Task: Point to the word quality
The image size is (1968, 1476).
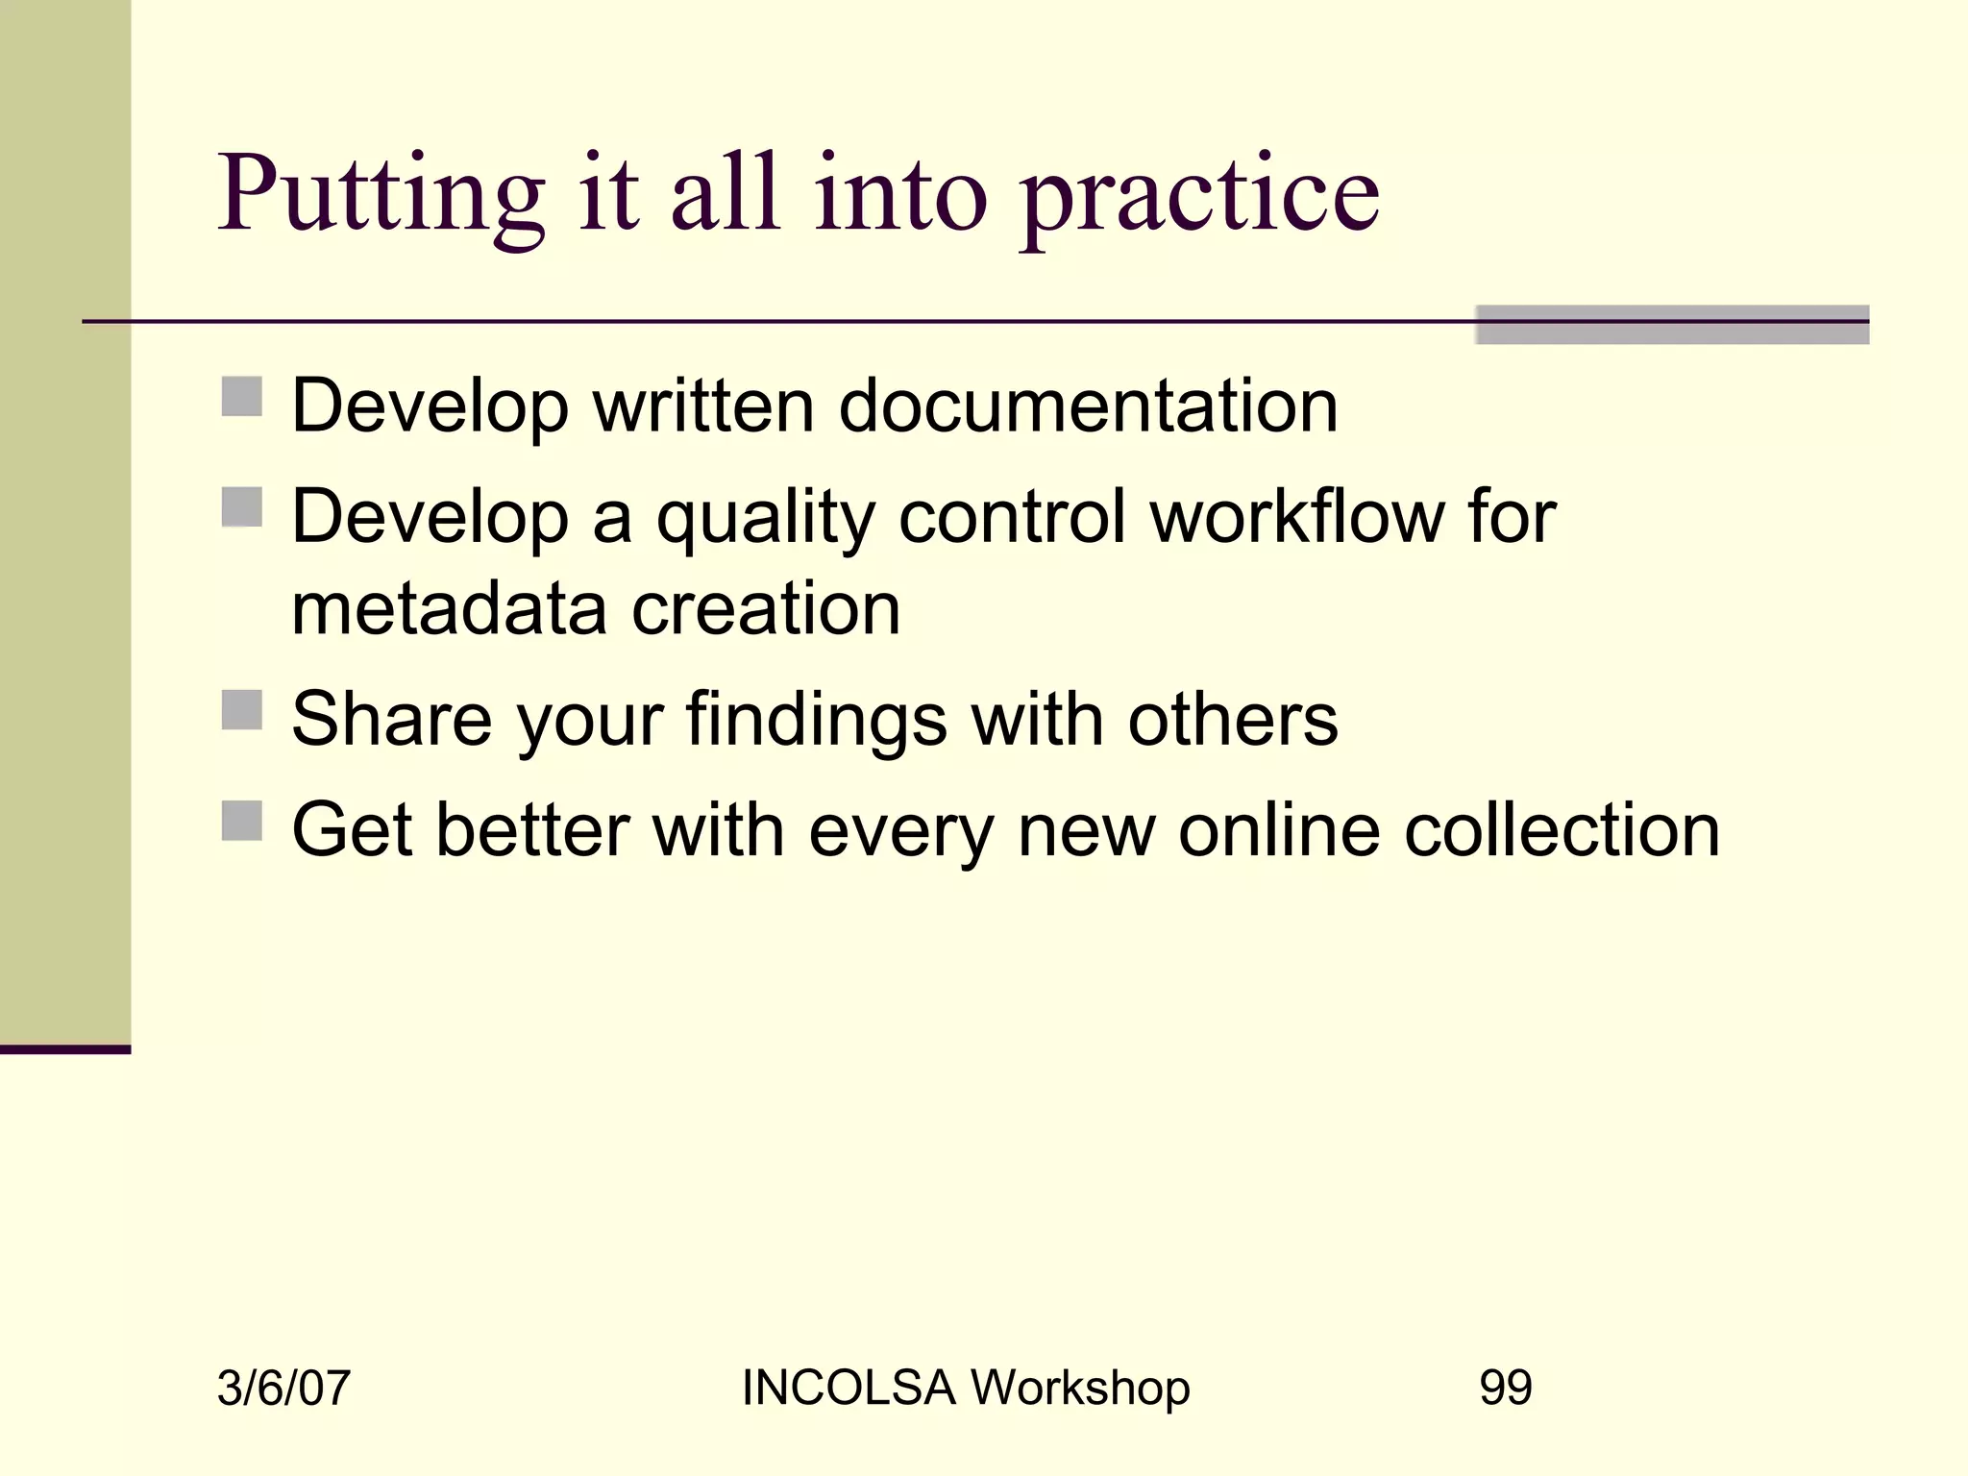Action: click(x=765, y=519)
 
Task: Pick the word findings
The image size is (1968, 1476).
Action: click(x=816, y=721)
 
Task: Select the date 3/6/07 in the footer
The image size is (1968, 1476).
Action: click(x=283, y=1389)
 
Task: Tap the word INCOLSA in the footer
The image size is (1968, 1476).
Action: click(x=849, y=1388)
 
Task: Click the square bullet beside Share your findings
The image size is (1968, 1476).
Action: click(x=241, y=710)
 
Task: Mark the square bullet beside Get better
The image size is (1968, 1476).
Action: click(x=241, y=821)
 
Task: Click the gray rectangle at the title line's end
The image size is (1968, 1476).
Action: click(x=1671, y=325)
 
